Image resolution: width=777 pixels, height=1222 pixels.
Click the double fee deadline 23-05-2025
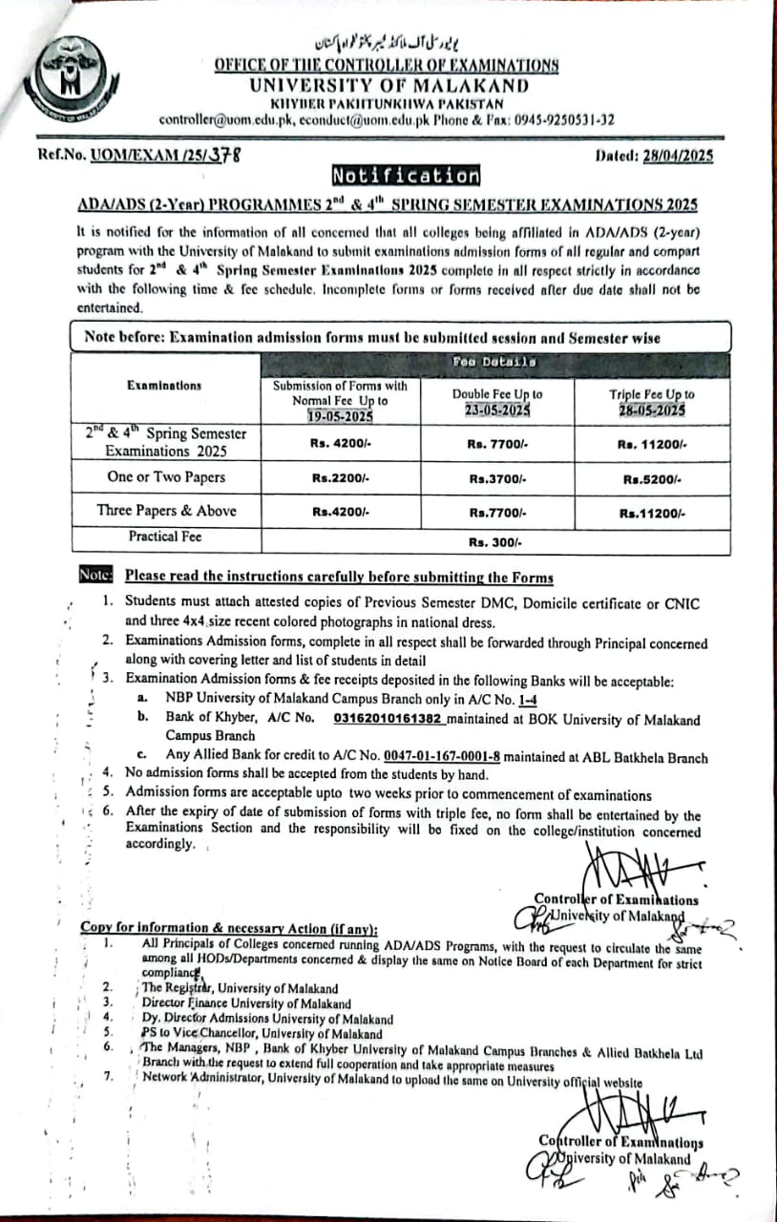point(497,409)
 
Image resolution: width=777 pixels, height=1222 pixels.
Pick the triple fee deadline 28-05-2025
point(652,409)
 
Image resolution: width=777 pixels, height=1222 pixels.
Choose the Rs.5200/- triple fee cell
point(652,478)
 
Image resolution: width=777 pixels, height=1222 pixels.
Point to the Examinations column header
point(164,386)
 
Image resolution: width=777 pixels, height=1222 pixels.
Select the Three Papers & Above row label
point(166,511)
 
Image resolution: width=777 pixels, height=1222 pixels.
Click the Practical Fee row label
point(165,537)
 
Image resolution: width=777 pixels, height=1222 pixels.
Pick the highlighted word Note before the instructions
point(97,576)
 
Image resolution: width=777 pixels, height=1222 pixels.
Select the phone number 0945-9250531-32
point(564,120)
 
